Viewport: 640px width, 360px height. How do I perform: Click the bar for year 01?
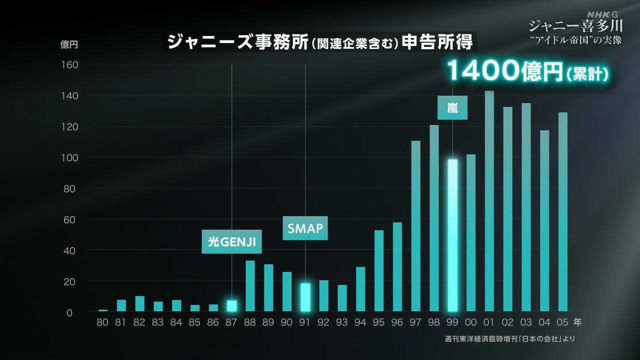[x=489, y=200]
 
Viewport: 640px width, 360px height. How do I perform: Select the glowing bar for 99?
[x=452, y=235]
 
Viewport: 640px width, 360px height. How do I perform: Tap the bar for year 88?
[x=250, y=285]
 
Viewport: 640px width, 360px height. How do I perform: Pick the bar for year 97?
[x=416, y=225]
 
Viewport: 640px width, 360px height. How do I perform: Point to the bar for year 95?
[x=379, y=270]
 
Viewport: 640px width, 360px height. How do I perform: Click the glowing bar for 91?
[x=305, y=297]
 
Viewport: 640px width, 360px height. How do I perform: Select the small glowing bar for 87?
[x=231, y=305]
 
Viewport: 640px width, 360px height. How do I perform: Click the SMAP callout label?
[x=305, y=228]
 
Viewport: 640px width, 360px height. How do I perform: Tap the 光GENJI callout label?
[x=231, y=242]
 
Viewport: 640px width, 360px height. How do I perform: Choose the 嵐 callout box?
[x=452, y=107]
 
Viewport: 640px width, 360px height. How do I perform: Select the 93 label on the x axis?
[x=342, y=322]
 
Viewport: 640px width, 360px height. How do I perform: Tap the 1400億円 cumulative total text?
[x=527, y=71]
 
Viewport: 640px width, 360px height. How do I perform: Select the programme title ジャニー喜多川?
[x=575, y=25]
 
